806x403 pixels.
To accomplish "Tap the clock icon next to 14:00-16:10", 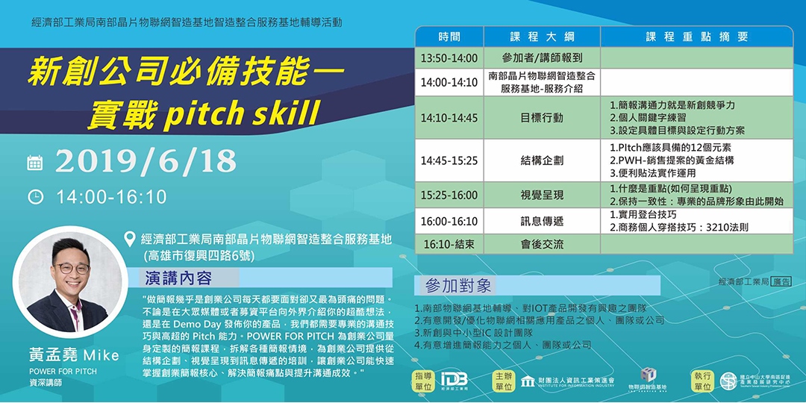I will tap(35, 197).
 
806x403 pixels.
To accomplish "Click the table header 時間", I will tap(449, 37).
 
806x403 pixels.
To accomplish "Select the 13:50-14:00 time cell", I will tap(449, 57).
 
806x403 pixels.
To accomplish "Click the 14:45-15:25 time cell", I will tap(449, 160).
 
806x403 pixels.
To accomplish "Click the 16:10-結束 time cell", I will tap(449, 244).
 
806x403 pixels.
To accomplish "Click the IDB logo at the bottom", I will tap(454, 380).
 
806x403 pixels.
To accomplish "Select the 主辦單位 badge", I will tap(504, 381).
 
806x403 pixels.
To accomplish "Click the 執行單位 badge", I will tap(702, 381).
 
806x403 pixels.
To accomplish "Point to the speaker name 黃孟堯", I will tap(54, 354).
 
